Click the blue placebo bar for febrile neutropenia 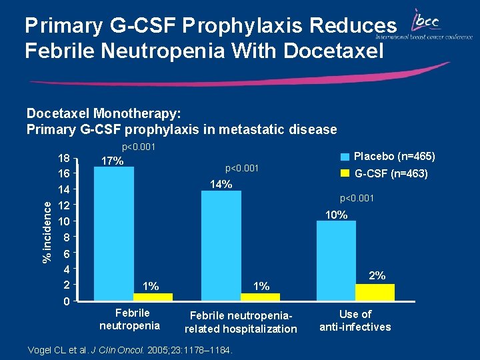[114, 233]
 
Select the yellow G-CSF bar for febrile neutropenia [153, 297]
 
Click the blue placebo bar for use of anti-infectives [335, 261]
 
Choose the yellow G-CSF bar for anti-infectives [375, 293]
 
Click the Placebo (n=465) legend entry [387, 157]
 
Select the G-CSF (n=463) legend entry [387, 175]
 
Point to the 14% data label [221, 185]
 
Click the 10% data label [336, 215]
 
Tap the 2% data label [377, 275]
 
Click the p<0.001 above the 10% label [357, 199]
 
